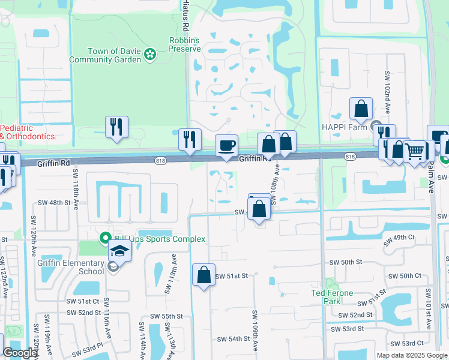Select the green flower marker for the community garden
[x=149, y=56]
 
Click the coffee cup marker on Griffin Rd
[x=227, y=146]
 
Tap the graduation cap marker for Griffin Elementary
[x=119, y=252]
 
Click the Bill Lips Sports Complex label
[x=158, y=239]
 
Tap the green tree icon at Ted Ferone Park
[x=328, y=282]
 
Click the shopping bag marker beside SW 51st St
[x=203, y=275]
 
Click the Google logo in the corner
[x=20, y=353]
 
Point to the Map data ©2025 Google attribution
[x=412, y=355]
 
